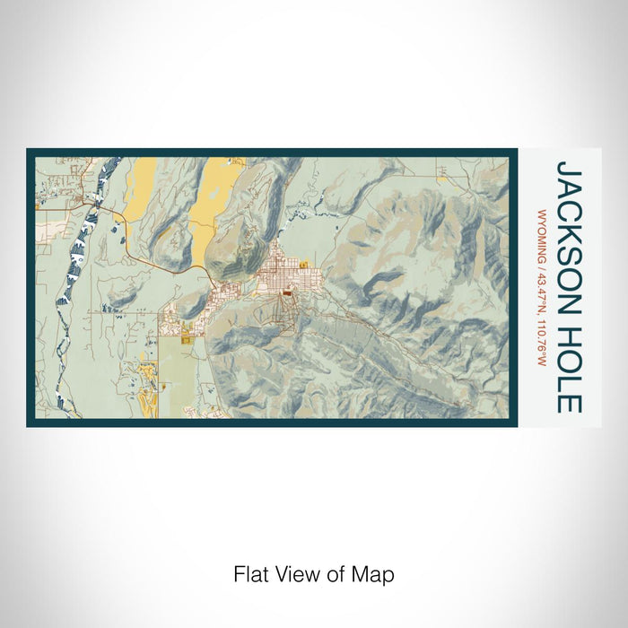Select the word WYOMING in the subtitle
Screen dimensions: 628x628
pyautogui.click(x=541, y=237)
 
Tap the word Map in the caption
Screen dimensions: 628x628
pyautogui.click(x=376, y=573)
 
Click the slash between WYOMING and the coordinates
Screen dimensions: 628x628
pyautogui.click(x=541, y=267)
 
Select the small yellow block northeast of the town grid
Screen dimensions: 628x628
pyautogui.click(x=305, y=264)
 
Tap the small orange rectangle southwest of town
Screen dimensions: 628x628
pyautogui.click(x=186, y=337)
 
